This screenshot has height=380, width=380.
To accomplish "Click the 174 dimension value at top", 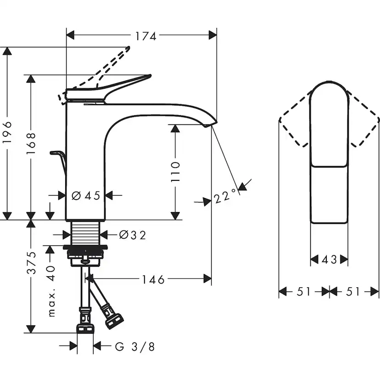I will [146, 36].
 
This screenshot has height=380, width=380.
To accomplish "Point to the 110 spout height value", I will [176, 171].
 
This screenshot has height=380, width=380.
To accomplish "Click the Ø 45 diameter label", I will [86, 196].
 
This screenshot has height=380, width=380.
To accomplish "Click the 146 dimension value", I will [153, 279].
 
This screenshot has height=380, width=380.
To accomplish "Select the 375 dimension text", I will [31, 263].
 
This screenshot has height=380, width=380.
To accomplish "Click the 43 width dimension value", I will [329, 260].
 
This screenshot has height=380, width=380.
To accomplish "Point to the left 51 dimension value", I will [304, 291].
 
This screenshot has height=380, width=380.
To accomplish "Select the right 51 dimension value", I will [354, 291].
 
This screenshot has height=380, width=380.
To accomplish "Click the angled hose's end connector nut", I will [114, 320].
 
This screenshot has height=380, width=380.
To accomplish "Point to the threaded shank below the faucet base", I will [86, 232].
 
